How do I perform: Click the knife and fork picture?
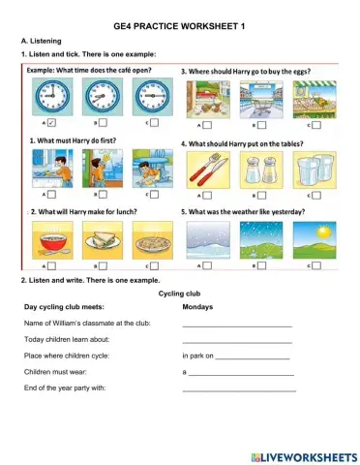(205, 172)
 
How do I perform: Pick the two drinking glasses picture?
(312, 172)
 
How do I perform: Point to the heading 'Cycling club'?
(179, 293)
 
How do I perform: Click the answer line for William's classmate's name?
(237, 324)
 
